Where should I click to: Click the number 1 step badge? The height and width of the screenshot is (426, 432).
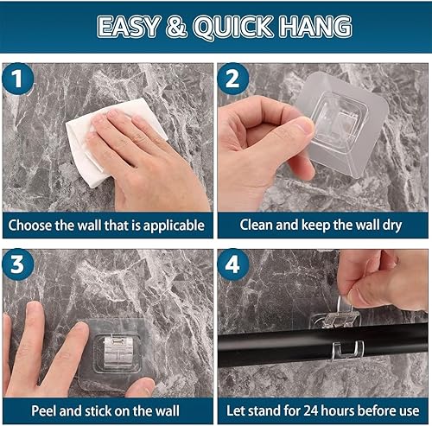point(18,79)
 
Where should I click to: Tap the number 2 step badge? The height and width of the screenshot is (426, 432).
point(232,79)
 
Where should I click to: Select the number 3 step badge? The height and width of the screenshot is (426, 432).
point(18,264)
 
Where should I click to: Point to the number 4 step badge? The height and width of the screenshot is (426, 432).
point(232,264)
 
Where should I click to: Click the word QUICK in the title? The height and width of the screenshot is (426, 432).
point(233,27)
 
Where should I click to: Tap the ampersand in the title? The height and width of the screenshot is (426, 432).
point(176,27)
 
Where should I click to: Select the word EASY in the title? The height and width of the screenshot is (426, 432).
point(129,27)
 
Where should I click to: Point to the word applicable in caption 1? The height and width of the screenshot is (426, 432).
point(174,226)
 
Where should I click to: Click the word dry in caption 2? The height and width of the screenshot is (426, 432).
point(392,226)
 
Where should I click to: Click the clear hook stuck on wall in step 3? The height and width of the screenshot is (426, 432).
point(118,355)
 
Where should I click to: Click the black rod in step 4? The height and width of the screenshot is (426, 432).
point(322,346)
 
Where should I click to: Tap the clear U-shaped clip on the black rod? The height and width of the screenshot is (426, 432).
point(347,351)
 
